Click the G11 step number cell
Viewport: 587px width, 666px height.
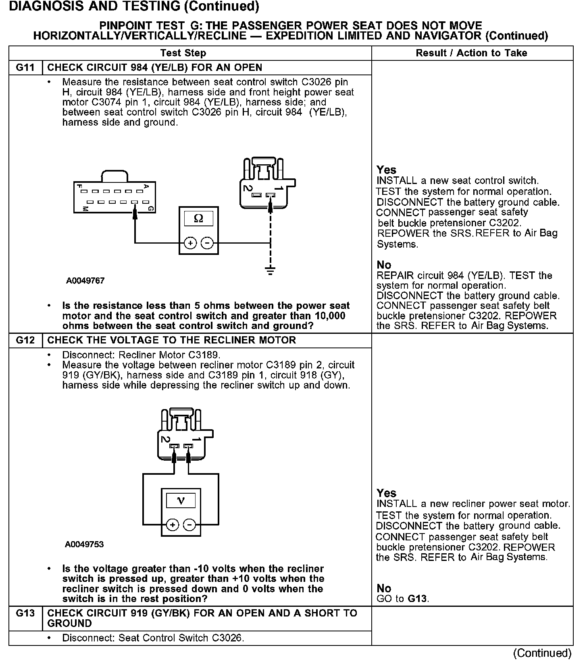25,68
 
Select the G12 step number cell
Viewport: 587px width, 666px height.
25,340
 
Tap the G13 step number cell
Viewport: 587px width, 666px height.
25,613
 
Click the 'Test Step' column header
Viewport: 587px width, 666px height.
183,53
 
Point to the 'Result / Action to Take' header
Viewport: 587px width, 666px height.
471,53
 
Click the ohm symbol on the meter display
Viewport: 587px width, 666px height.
198,219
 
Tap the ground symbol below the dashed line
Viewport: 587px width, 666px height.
271,270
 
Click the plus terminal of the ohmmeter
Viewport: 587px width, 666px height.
190,243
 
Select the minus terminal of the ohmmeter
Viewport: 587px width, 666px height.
207,243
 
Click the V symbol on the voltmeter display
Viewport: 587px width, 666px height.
181,501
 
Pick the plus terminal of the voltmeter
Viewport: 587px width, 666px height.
173,525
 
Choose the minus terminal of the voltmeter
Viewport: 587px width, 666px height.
189,525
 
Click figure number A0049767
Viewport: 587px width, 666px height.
85,281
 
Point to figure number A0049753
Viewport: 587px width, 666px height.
84,544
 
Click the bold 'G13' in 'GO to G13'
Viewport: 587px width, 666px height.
417,598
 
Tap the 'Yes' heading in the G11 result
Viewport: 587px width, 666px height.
386,170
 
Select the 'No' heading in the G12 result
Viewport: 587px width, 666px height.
384,588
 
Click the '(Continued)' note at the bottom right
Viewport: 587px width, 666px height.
542,653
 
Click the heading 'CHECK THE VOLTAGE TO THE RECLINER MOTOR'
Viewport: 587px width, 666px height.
172,340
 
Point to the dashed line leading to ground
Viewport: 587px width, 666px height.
271,238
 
